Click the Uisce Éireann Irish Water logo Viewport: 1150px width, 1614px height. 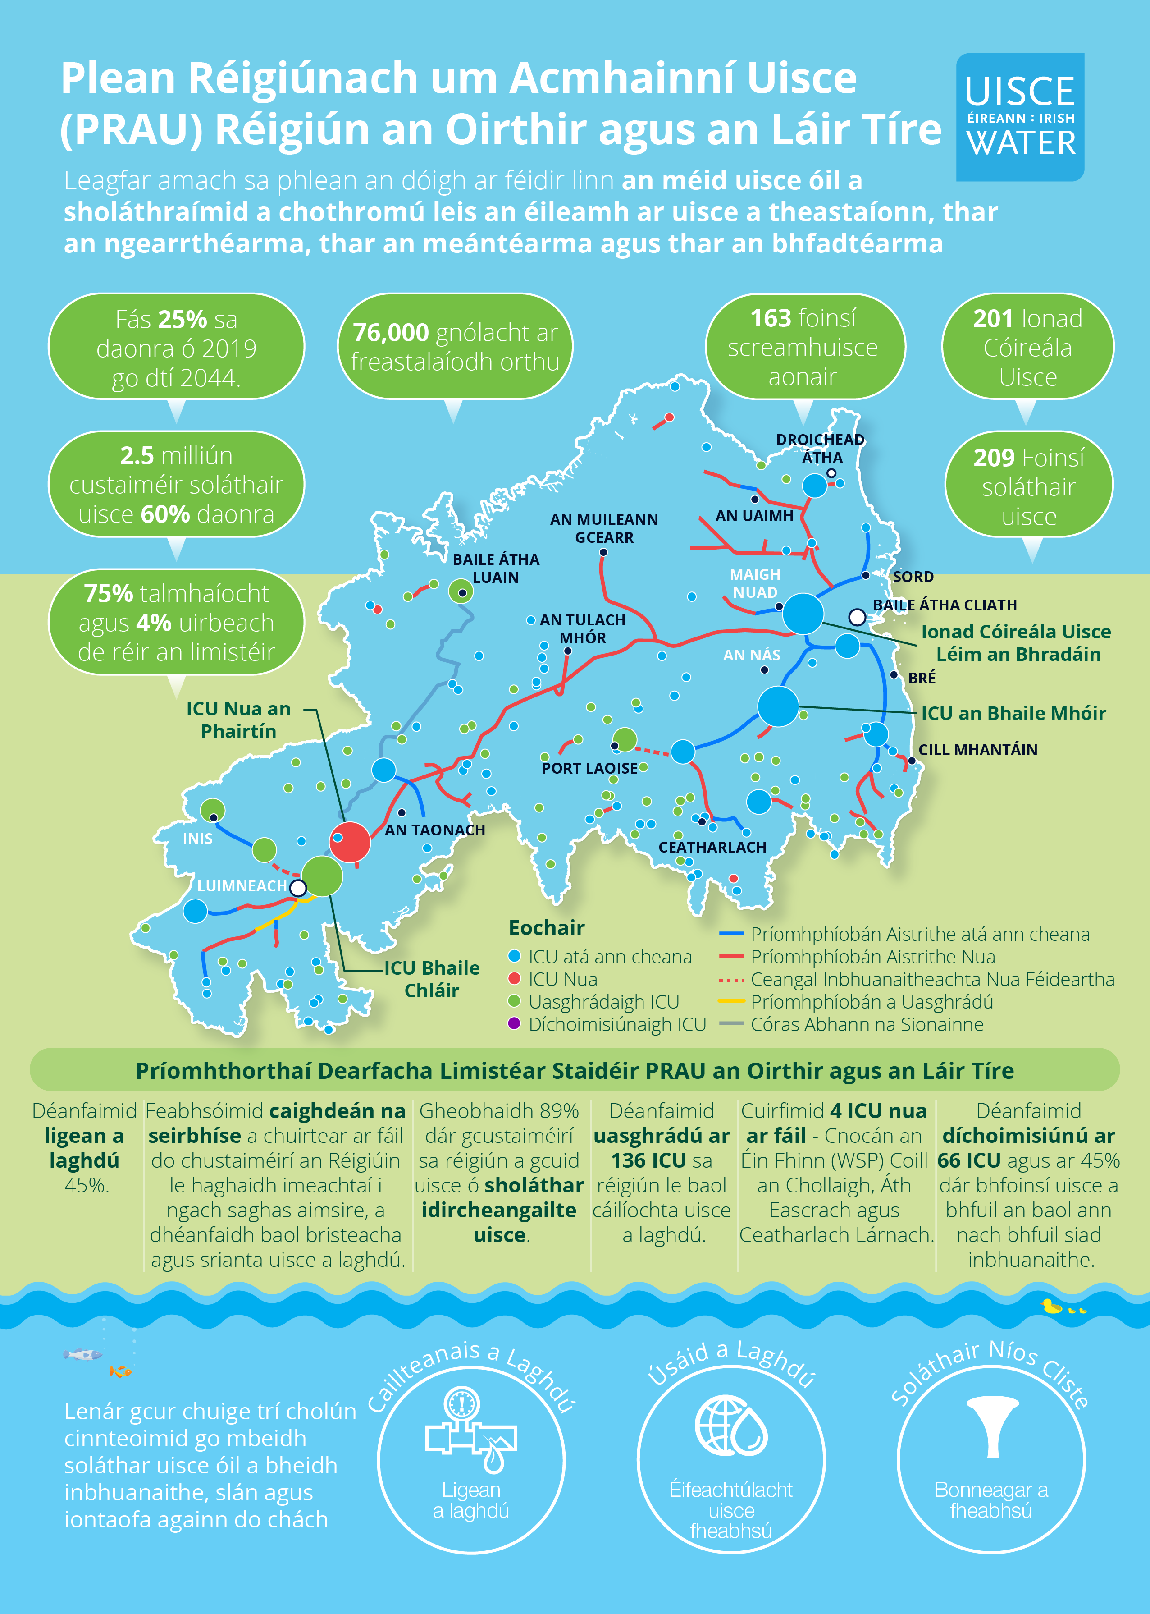[1020, 117]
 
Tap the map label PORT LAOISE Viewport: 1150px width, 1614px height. [589, 768]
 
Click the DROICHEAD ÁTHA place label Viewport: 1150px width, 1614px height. [821, 449]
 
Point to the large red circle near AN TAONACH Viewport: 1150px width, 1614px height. [350, 842]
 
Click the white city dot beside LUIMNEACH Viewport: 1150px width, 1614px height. [299, 888]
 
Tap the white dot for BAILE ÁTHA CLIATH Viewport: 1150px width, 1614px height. [857, 617]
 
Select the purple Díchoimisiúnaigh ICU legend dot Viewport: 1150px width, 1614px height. [515, 1023]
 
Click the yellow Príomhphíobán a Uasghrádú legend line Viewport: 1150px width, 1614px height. [731, 1001]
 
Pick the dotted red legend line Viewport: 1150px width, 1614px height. [731, 979]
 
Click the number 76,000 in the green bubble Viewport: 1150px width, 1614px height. [391, 332]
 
